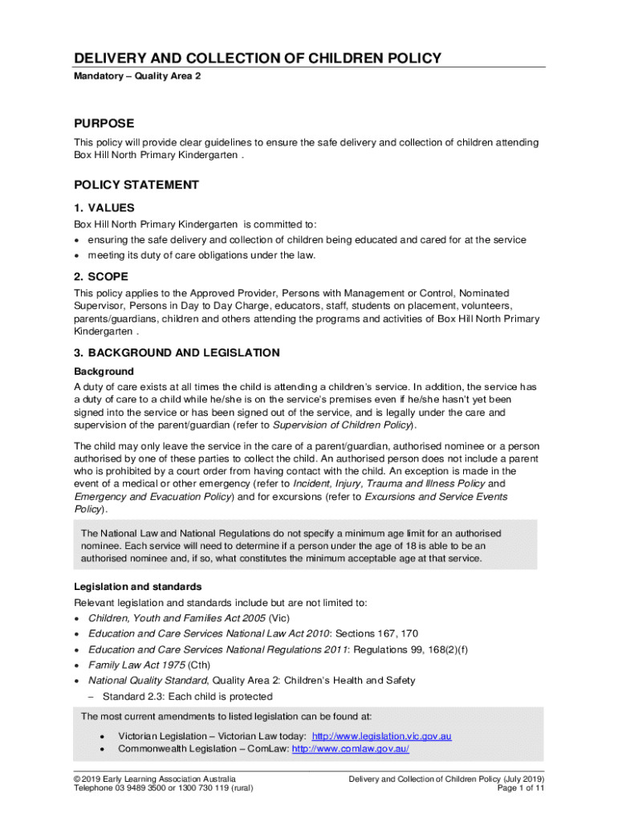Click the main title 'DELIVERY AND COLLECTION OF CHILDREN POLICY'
click(x=258, y=59)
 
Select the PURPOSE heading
click(x=104, y=124)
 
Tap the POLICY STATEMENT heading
click(x=136, y=185)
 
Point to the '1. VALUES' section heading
click(x=104, y=208)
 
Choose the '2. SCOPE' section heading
click(x=101, y=278)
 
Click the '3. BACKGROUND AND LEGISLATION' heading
click(x=177, y=352)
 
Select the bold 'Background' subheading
click(x=104, y=372)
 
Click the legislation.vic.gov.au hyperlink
click(x=382, y=736)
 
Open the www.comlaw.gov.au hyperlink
click(x=351, y=749)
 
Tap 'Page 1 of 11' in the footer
click(x=521, y=788)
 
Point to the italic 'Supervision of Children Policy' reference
click(x=344, y=425)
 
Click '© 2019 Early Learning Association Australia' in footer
click(x=155, y=779)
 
